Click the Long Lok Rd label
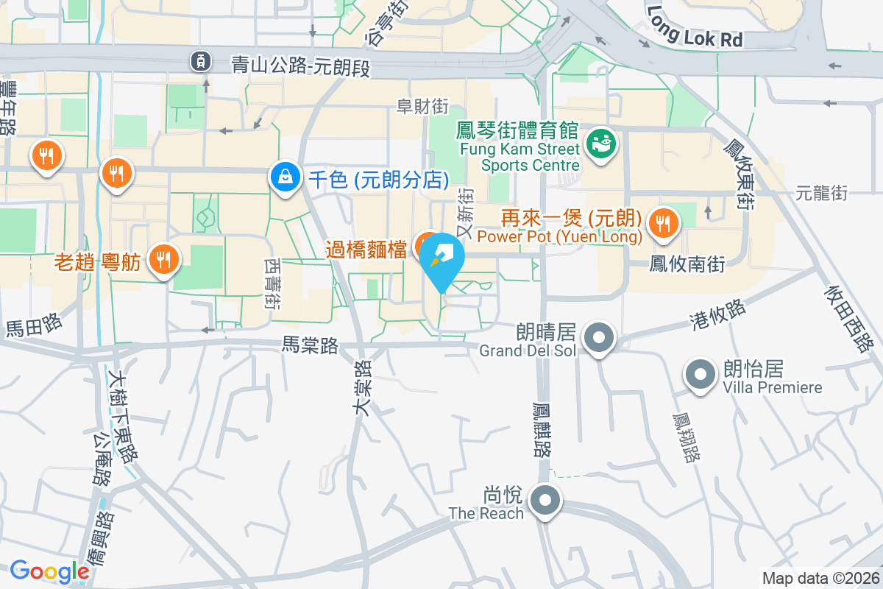click(695, 27)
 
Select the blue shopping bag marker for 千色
click(284, 177)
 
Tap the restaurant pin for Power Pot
click(664, 222)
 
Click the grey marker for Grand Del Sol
click(599, 338)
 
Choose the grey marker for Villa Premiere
click(700, 374)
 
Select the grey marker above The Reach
click(545, 501)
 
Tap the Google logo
click(49, 571)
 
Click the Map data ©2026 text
click(820, 578)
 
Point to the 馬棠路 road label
click(310, 345)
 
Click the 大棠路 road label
click(362, 389)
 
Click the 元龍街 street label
click(821, 194)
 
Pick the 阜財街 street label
click(422, 107)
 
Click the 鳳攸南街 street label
click(687, 264)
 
